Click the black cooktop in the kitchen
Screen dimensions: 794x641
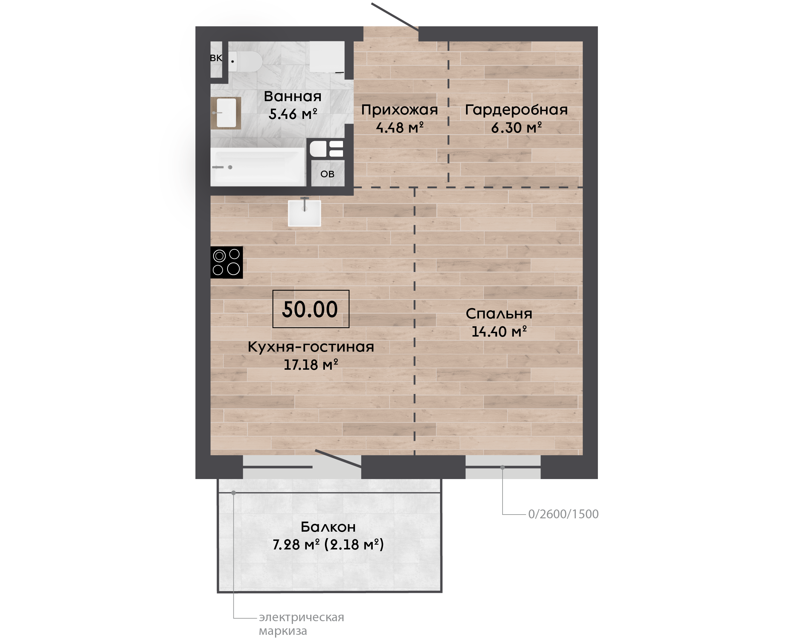coord(227,262)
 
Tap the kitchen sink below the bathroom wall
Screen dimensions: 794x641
coord(304,213)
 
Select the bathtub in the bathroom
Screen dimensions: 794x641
coord(258,167)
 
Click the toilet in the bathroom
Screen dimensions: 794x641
coord(245,61)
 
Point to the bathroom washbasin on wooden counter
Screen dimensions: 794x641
coord(225,113)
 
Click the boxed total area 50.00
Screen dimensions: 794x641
coord(311,309)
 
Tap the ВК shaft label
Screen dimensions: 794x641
coord(216,58)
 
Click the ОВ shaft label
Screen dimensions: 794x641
coord(327,174)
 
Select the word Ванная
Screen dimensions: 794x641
coord(293,96)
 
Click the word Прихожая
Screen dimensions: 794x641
coord(399,110)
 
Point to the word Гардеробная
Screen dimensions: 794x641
coord(516,110)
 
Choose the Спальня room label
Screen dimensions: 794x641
coord(499,314)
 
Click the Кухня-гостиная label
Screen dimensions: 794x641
coord(311,347)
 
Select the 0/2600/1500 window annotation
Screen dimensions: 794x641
coord(563,514)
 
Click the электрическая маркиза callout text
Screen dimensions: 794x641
coord(301,624)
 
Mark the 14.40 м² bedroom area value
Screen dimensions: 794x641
coord(499,331)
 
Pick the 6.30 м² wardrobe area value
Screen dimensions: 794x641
coord(516,128)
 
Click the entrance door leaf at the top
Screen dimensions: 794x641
coord(395,17)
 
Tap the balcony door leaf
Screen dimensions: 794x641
coord(338,459)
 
